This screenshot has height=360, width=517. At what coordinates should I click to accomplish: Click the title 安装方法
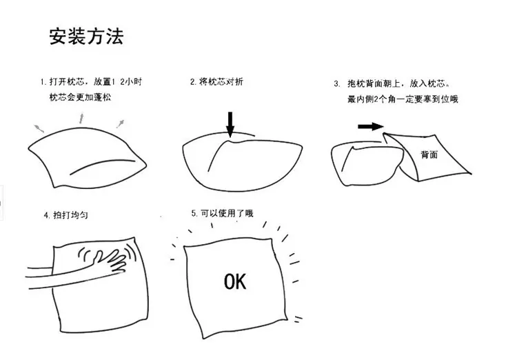pyautogui.click(x=86, y=36)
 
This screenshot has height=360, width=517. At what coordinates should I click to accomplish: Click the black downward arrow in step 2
pyautogui.click(x=230, y=124)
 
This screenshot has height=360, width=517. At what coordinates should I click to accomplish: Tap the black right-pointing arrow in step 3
pyautogui.click(x=371, y=126)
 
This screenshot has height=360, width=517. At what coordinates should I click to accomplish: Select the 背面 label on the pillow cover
pyautogui.click(x=429, y=154)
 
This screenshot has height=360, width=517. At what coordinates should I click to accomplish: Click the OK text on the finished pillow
pyautogui.click(x=235, y=282)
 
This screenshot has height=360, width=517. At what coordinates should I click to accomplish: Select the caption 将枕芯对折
pyautogui.click(x=221, y=81)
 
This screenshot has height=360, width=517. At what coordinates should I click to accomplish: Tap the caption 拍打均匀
pyautogui.click(x=70, y=215)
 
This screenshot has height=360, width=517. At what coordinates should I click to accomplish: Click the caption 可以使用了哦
pyautogui.click(x=227, y=213)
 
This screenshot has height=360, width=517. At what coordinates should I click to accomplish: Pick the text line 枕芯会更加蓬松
pyautogui.click(x=80, y=97)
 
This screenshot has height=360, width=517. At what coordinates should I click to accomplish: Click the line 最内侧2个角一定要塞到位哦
pyautogui.click(x=403, y=99)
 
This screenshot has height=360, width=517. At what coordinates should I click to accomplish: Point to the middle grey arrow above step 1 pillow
pyautogui.click(x=81, y=119)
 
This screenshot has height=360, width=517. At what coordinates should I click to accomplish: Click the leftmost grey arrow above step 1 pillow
pyautogui.click(x=39, y=128)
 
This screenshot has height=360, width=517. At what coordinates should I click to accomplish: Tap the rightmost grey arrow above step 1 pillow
pyautogui.click(x=121, y=123)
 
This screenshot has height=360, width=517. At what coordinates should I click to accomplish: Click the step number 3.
pyautogui.click(x=336, y=84)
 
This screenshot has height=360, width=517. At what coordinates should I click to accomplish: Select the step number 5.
pyautogui.click(x=194, y=214)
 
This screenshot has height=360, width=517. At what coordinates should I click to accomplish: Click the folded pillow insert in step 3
pyautogui.click(x=367, y=163)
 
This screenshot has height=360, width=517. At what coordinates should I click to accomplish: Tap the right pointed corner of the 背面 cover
pyautogui.click(x=471, y=173)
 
